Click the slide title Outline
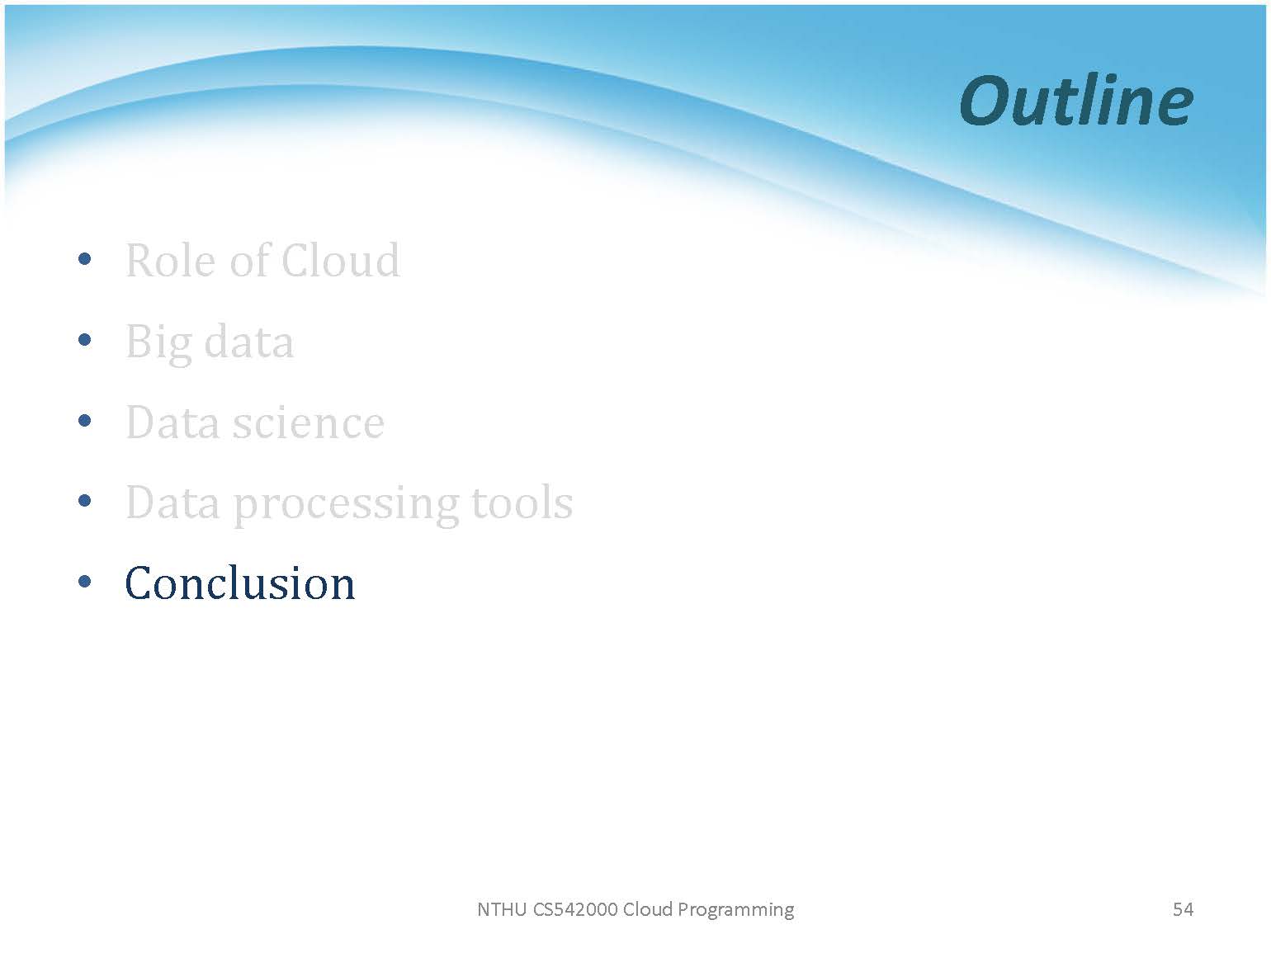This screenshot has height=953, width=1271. pos(1076,101)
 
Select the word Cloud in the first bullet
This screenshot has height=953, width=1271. pos(341,261)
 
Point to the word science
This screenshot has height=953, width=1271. pos(309,422)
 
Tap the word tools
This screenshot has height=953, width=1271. pos(522,502)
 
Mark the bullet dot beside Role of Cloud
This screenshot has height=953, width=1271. pos(84,258)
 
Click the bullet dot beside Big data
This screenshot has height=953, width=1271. pos(84,339)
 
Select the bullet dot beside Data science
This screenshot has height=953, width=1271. pos(84,420)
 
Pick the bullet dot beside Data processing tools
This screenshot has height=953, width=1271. pos(84,501)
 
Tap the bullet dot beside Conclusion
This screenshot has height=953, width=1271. pos(84,581)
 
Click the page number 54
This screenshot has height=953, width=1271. pos(1183,909)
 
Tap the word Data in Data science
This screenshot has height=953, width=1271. pos(172,422)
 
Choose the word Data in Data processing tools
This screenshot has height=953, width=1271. pos(172,502)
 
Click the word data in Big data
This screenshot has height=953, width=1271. pos(249,342)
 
